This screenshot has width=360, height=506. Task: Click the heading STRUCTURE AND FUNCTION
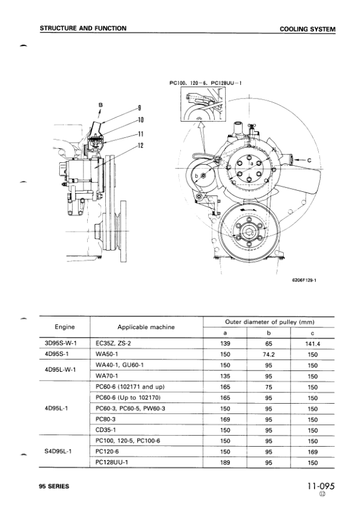click(83, 28)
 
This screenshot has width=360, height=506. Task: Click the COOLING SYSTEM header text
click(307, 29)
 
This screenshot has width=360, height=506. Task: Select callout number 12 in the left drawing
click(140, 145)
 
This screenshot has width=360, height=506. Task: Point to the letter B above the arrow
click(101, 105)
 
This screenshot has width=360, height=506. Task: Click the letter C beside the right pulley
click(309, 160)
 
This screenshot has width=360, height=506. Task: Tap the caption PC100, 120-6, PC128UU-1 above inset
click(206, 84)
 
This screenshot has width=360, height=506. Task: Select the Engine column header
click(65, 327)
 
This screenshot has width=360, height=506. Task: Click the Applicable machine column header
click(146, 327)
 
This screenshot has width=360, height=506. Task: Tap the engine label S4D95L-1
click(65, 452)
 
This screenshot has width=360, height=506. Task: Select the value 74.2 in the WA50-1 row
click(269, 353)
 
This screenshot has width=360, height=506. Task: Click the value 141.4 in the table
click(312, 343)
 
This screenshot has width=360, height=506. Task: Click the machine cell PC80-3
click(106, 419)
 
